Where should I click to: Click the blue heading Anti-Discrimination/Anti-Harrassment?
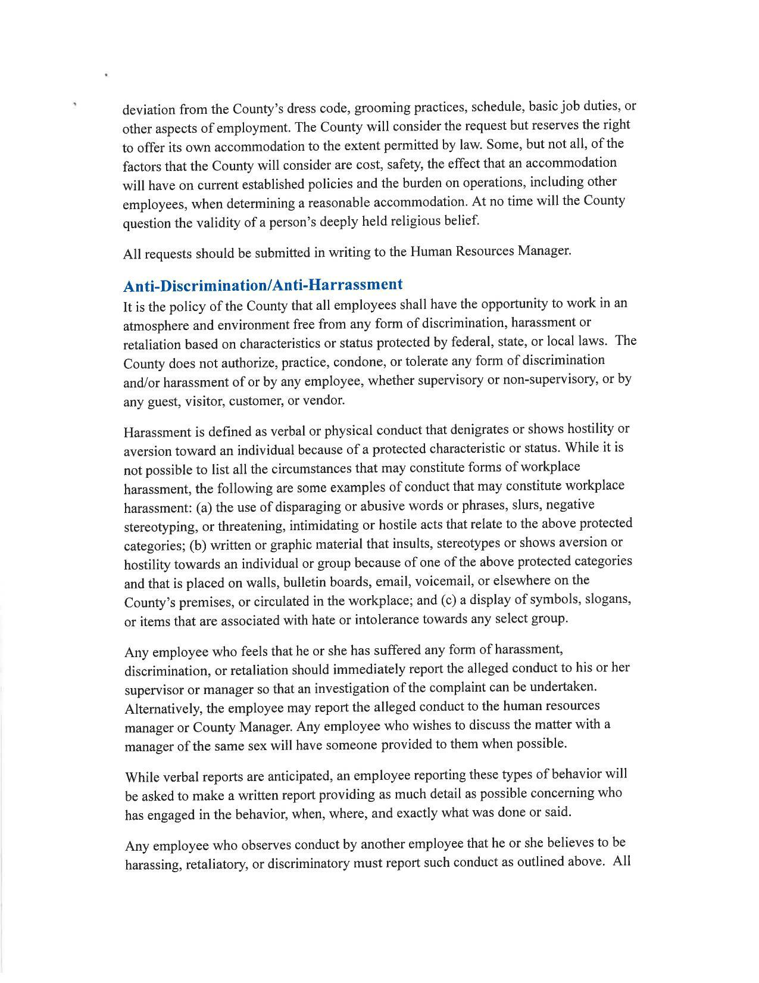coord(263,285)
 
